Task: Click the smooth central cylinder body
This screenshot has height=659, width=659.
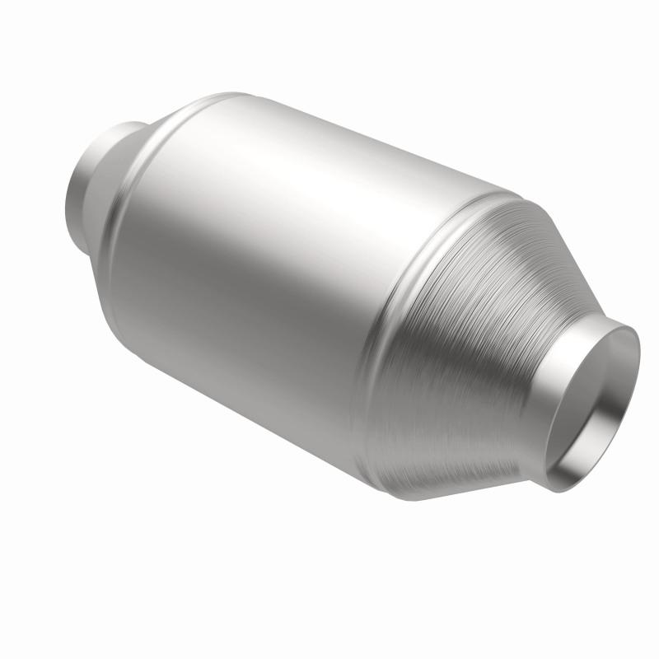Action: pyautogui.click(x=272, y=264)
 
